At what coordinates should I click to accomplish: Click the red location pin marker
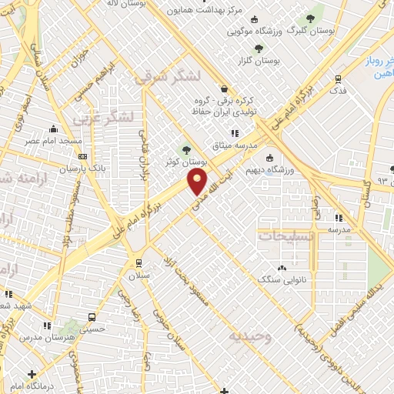point(198,182)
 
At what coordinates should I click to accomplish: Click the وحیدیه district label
point(249,336)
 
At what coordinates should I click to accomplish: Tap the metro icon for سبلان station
point(139,261)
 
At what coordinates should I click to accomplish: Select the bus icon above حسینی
point(93,317)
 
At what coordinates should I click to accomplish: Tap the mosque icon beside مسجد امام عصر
point(53,129)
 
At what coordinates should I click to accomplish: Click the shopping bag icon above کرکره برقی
point(224,88)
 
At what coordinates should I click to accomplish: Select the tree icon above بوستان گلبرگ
point(311,18)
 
